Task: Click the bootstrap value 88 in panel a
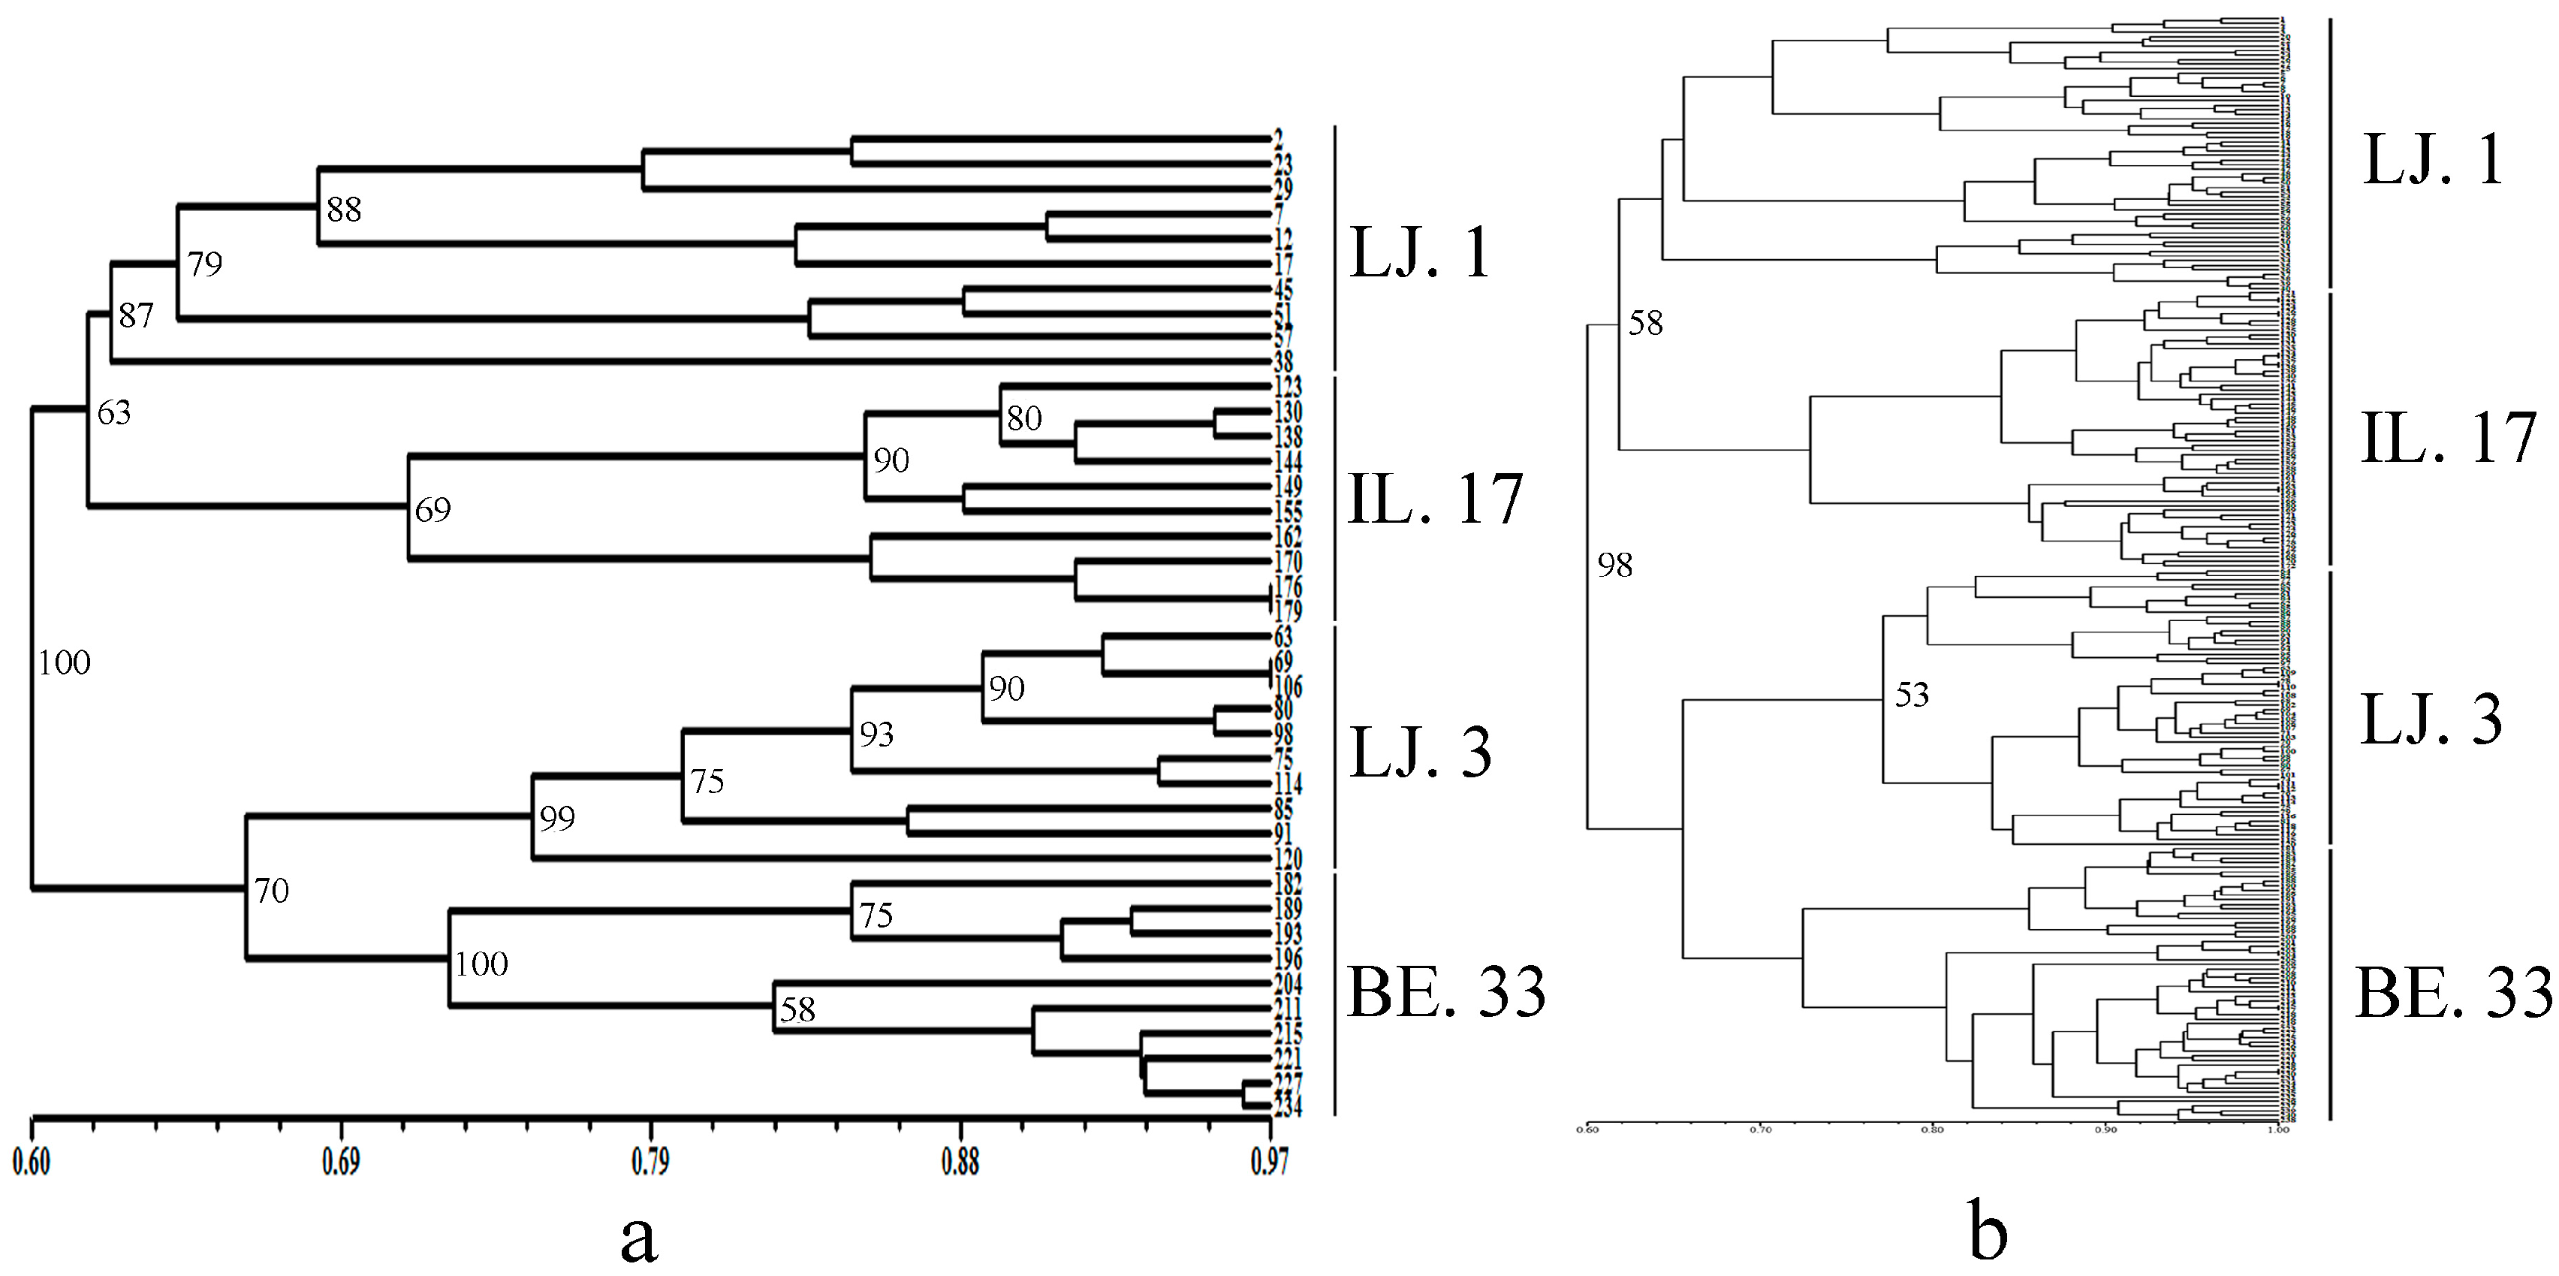coord(344,209)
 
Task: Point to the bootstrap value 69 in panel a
coord(432,510)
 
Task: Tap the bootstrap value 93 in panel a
coord(876,735)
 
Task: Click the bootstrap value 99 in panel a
coord(557,818)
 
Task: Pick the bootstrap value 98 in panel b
coord(1614,566)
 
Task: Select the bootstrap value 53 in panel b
coord(1911,695)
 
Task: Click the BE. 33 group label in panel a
coord(1446,991)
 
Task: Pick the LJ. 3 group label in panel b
coord(2431,719)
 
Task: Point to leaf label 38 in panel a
coord(1283,363)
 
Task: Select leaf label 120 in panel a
coord(1288,860)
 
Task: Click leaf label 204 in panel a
coord(1288,984)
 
